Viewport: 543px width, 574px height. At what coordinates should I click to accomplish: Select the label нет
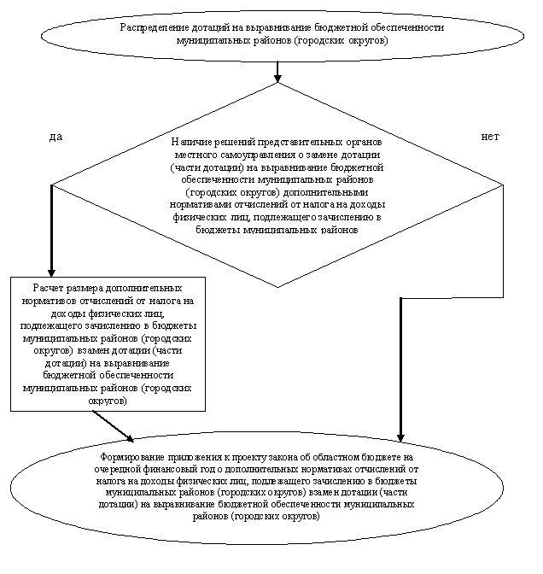click(x=489, y=137)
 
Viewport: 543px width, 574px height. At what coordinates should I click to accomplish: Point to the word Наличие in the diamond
click(x=188, y=141)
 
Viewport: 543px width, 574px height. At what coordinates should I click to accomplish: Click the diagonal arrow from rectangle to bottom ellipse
click(x=114, y=426)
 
